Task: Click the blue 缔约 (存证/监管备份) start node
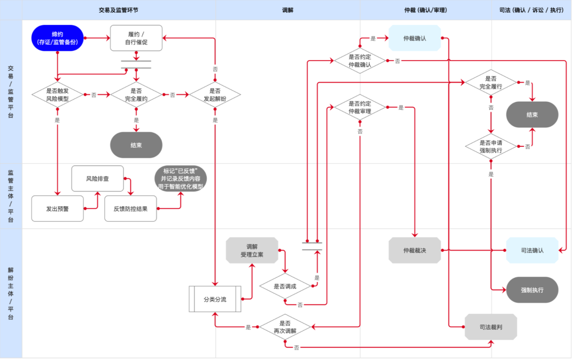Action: click(57, 38)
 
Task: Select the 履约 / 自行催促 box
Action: click(136, 38)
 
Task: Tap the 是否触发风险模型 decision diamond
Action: click(57, 94)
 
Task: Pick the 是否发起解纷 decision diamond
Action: click(215, 94)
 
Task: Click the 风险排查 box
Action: click(98, 179)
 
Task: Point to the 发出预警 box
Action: click(57, 208)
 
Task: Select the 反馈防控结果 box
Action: click(131, 208)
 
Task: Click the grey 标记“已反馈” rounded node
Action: click(180, 179)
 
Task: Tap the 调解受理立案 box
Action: click(252, 250)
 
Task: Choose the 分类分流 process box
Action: click(215, 299)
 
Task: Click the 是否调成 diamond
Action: click(285, 286)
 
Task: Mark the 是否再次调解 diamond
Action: click(285, 327)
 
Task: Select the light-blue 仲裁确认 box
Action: click(415, 38)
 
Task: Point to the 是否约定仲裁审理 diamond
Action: click(360, 107)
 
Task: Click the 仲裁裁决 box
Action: click(415, 250)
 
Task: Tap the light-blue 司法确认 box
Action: click(532, 250)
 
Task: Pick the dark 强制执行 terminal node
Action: click(532, 290)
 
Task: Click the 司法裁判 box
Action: click(491, 327)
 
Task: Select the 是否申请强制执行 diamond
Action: click(491, 146)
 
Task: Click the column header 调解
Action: click(288, 10)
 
